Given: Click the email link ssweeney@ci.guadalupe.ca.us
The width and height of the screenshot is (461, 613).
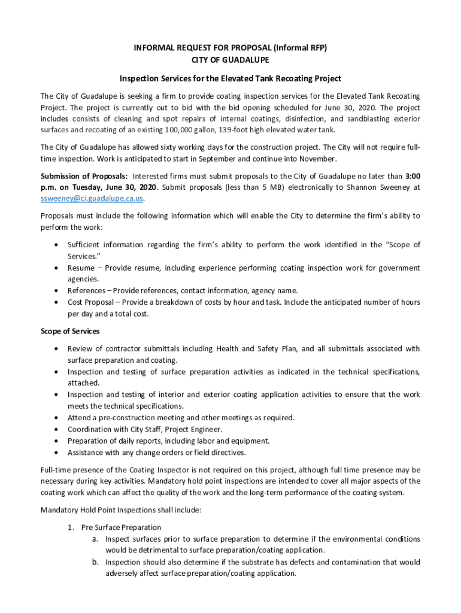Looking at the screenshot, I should click(x=92, y=198).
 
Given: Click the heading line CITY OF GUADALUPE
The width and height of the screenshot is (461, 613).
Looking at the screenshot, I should click(x=230, y=60).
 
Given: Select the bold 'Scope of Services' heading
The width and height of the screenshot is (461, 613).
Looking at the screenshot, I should click(x=70, y=331).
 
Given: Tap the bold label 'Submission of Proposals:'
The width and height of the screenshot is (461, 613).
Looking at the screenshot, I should click(x=84, y=176).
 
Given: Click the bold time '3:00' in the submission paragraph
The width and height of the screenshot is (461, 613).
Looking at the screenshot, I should click(x=413, y=176).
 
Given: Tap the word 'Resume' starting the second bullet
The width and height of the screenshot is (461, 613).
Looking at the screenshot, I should click(x=81, y=268).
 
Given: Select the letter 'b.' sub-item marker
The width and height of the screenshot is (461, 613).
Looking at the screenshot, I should click(x=95, y=562).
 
